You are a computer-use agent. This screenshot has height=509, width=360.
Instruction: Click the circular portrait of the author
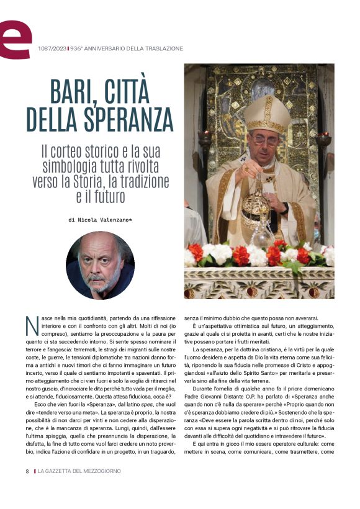click(100, 264)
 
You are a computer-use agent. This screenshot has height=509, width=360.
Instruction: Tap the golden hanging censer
click(255, 208)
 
